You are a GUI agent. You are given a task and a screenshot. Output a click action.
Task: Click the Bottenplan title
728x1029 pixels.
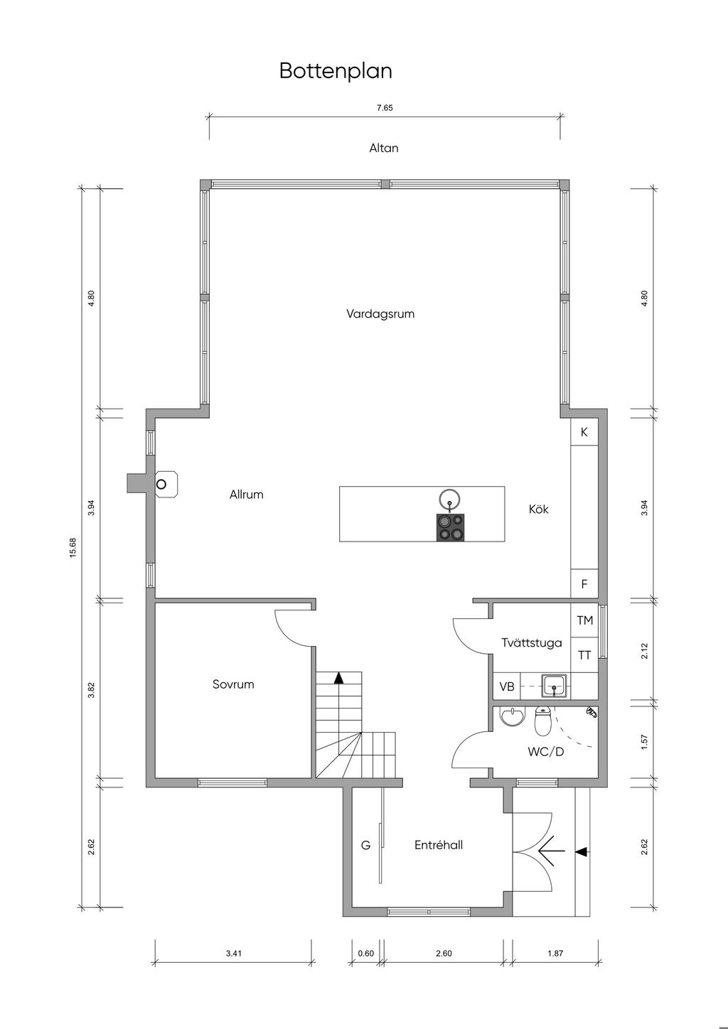point(336,71)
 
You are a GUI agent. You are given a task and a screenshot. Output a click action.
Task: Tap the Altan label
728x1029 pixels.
point(384,149)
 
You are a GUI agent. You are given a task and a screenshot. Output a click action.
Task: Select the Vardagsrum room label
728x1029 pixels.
point(380,313)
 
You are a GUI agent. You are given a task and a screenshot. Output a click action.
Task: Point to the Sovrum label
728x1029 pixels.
point(233,684)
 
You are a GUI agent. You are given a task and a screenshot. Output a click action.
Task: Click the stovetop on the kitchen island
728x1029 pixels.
point(451,527)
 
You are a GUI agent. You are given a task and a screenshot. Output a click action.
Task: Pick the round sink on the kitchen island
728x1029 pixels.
point(450,500)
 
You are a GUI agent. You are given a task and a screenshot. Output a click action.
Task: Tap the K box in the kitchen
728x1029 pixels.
point(584,432)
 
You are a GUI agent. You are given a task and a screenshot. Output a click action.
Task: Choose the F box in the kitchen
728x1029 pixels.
point(584,585)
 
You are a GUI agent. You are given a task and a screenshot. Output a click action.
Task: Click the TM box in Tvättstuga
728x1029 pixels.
point(585,620)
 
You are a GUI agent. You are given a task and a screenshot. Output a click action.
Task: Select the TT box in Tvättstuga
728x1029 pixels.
point(584,655)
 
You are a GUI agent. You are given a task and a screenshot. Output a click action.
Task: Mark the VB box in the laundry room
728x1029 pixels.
point(507,686)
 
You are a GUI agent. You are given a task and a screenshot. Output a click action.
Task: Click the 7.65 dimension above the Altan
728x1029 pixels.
point(385,108)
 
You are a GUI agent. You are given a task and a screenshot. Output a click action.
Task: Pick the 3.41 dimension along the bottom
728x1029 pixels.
point(234,954)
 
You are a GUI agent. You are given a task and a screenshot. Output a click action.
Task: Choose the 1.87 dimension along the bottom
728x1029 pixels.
point(555,954)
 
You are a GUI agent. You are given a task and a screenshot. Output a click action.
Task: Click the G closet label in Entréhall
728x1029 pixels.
point(365,845)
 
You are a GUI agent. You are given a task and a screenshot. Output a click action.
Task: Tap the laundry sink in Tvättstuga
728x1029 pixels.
point(554,686)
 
